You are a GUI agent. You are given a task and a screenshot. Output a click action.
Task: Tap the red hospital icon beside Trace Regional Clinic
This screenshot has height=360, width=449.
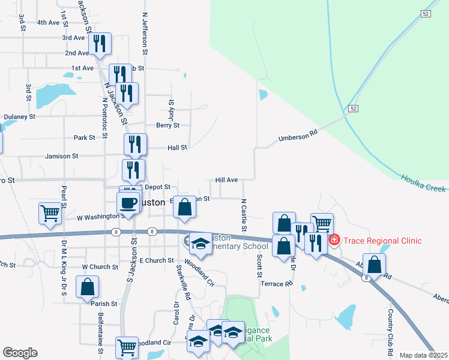click(x=334, y=241)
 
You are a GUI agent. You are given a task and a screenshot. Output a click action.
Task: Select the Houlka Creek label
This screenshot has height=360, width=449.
click(x=424, y=183)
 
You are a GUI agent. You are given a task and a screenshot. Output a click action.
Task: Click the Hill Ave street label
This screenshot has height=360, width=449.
click(x=227, y=180)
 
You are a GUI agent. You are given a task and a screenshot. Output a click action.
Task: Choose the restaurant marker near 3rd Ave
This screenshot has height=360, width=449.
click(x=100, y=43)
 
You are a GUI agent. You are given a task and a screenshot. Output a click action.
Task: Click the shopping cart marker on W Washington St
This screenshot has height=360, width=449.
click(x=50, y=212)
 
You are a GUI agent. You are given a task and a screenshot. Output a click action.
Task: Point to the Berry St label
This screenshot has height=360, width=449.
click(x=167, y=125)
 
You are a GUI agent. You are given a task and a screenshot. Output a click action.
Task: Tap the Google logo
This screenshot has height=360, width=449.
click(x=20, y=353)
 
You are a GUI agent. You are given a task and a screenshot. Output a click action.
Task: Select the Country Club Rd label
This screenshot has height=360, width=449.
click(x=390, y=328)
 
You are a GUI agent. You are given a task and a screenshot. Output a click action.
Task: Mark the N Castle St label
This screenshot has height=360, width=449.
click(x=244, y=215)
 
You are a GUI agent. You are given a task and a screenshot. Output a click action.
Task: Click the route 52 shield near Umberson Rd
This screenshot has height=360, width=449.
click(x=354, y=108)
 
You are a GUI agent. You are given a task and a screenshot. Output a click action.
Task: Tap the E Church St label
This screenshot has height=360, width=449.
click(x=156, y=261)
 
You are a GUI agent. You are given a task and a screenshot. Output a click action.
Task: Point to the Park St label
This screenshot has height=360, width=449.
click(x=84, y=137)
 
